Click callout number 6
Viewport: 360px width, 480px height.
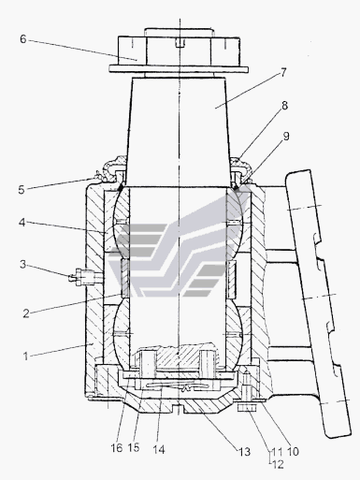(x=22, y=39)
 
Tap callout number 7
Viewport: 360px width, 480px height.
(x=283, y=73)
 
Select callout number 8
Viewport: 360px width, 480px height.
(x=284, y=106)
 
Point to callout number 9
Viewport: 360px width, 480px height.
(x=286, y=137)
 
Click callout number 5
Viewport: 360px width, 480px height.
(x=22, y=190)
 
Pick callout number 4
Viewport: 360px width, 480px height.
(x=22, y=223)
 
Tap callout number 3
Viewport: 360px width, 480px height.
(x=22, y=265)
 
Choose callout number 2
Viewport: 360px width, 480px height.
(x=26, y=313)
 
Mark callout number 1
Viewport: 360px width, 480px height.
(x=26, y=356)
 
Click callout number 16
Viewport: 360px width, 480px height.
(x=117, y=448)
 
